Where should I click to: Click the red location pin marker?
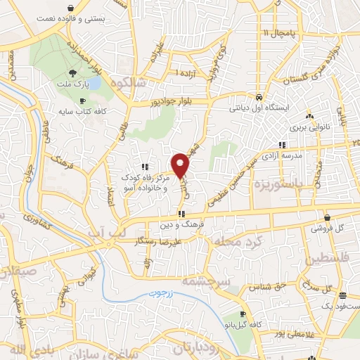coord(181,165)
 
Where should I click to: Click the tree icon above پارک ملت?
coord(73,73)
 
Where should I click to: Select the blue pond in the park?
coord(94,83)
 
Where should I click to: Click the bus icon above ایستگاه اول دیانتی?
coord(259,97)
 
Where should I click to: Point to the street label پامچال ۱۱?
coord(275,32)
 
